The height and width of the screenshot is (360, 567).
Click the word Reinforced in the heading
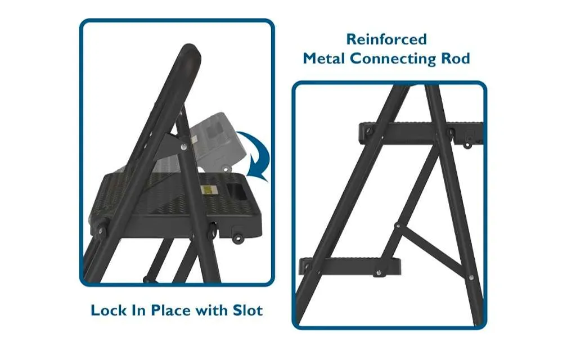(386, 39)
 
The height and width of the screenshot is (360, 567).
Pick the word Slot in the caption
(247, 310)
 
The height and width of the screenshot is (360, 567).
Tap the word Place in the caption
(172, 310)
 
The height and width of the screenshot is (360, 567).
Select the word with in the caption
(212, 310)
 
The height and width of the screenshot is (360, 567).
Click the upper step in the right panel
(421, 133)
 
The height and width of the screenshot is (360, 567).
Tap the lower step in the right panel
(349, 267)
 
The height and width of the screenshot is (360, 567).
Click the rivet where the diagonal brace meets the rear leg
(471, 277)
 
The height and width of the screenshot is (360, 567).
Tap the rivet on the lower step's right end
(378, 272)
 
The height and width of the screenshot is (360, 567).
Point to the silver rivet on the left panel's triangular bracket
(184, 147)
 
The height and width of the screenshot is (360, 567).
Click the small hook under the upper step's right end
(467, 145)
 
